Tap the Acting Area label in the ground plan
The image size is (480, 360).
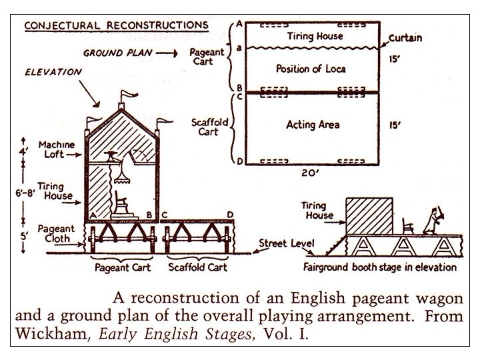(313, 125)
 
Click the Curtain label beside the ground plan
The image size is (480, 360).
(405, 38)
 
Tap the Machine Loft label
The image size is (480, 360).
(56, 150)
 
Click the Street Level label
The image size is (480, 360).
(286, 243)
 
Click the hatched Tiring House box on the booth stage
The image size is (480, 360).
(370, 215)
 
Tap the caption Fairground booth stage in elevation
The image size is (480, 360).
(379, 267)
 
